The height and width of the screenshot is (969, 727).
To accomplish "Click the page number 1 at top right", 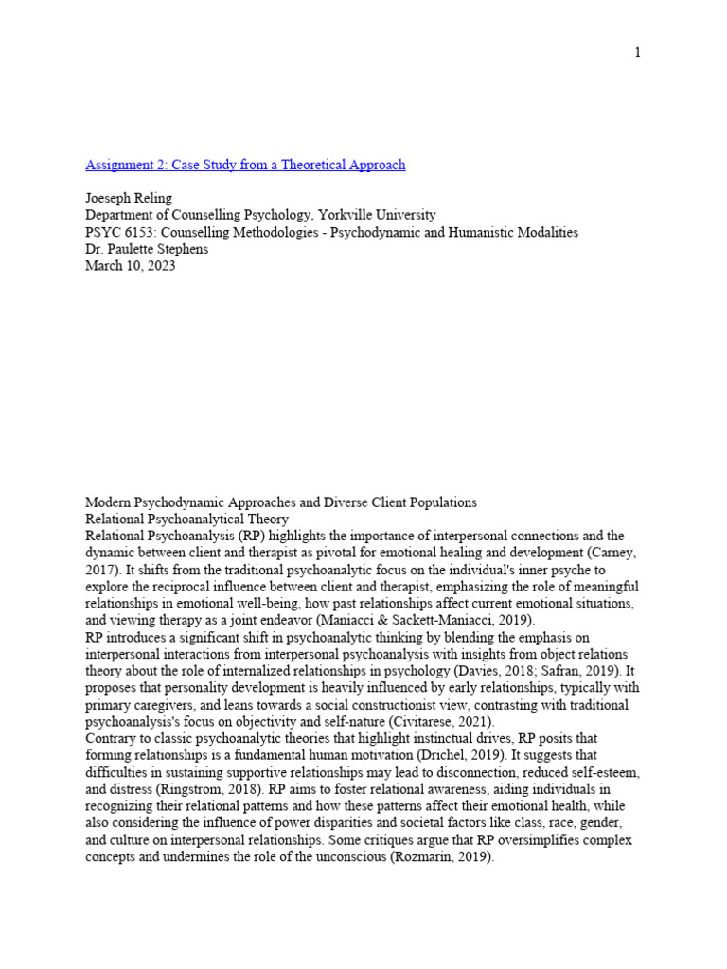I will [x=637, y=52].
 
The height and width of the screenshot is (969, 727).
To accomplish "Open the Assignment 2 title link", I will [x=245, y=165].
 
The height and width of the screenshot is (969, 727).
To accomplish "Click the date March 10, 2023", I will [x=131, y=267].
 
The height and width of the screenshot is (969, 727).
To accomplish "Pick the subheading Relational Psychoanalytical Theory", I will [x=187, y=520].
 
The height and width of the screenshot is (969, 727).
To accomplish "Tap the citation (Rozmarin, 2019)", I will [x=427, y=857].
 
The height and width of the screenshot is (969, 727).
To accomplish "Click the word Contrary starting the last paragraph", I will [x=112, y=739].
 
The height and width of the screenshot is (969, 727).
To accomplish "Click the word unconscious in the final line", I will [x=350, y=857].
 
